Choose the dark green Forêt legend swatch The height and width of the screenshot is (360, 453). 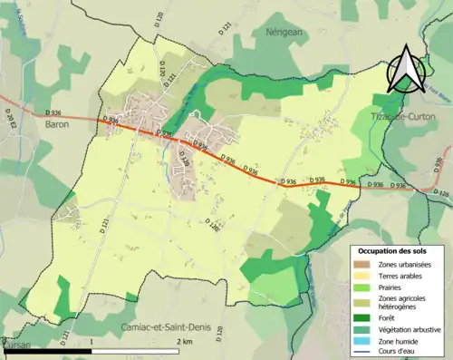pyautogui.click(x=362, y=316)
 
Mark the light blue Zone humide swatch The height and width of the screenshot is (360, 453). pyautogui.click(x=362, y=339)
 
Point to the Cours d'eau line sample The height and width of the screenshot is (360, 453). pyautogui.click(x=362, y=350)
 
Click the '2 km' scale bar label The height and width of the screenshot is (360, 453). pyautogui.click(x=185, y=342)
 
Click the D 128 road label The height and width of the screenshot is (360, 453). pyautogui.click(x=440, y=193)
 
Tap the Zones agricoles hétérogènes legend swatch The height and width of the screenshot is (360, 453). pyautogui.click(x=362, y=300)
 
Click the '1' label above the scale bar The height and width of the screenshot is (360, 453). pyautogui.click(x=92, y=342)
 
